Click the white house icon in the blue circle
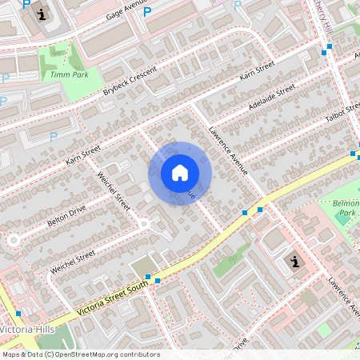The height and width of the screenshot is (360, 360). pos(180,173)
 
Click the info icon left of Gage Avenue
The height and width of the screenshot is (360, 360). pos(42,13)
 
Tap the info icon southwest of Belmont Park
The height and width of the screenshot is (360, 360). pos(295,262)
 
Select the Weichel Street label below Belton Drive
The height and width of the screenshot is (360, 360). pos(72,262)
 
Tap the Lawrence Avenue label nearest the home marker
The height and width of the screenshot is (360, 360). pos(228,149)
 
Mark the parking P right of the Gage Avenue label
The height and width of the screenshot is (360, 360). pos(146,12)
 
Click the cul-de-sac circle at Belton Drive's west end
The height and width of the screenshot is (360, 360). pos(13,239)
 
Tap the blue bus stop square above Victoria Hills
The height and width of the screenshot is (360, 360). pos(18,313)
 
